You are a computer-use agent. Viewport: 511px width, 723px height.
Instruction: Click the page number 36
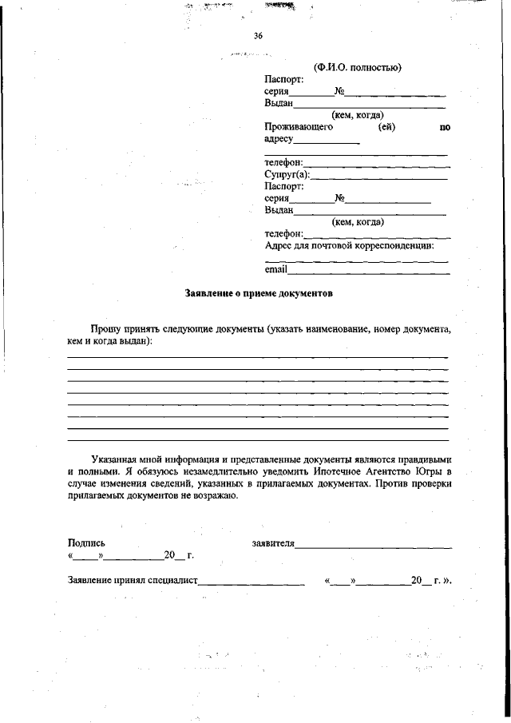[x=258, y=36]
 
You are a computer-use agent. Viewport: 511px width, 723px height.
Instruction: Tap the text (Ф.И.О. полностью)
[x=357, y=67]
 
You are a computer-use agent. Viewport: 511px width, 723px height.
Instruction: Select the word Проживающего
[x=298, y=127]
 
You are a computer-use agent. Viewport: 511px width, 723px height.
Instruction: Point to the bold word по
[x=445, y=127]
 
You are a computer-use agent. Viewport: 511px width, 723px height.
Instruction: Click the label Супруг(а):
[x=286, y=174]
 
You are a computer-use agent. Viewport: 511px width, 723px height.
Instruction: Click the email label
[x=275, y=270]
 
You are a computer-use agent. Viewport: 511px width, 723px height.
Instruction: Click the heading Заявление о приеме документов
[x=258, y=293]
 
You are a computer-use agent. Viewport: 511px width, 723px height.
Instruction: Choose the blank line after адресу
[x=327, y=142]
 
